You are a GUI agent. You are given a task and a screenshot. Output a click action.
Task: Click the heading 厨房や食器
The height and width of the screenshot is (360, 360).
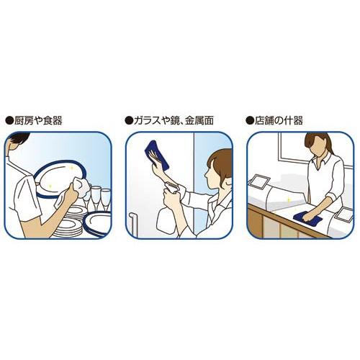pos(38,120)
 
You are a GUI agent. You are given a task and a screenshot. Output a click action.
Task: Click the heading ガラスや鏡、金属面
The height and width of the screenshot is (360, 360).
pos(174,120)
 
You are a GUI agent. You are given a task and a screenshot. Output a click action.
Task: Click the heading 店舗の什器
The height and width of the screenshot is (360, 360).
pos(279,120)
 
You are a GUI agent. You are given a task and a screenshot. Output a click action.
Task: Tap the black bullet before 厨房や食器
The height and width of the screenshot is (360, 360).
pos(9,121)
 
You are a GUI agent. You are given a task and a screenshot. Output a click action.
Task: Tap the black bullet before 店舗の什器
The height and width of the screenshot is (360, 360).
pos(250,121)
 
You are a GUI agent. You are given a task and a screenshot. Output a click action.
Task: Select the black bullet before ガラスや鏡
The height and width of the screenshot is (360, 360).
pos(129,121)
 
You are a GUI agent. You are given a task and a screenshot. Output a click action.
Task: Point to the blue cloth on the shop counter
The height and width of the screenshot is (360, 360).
pos(307,218)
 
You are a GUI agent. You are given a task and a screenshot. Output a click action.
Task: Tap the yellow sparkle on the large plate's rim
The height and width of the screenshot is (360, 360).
pos(71,168)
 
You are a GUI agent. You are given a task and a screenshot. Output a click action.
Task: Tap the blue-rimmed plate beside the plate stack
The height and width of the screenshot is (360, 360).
pos(97,224)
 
